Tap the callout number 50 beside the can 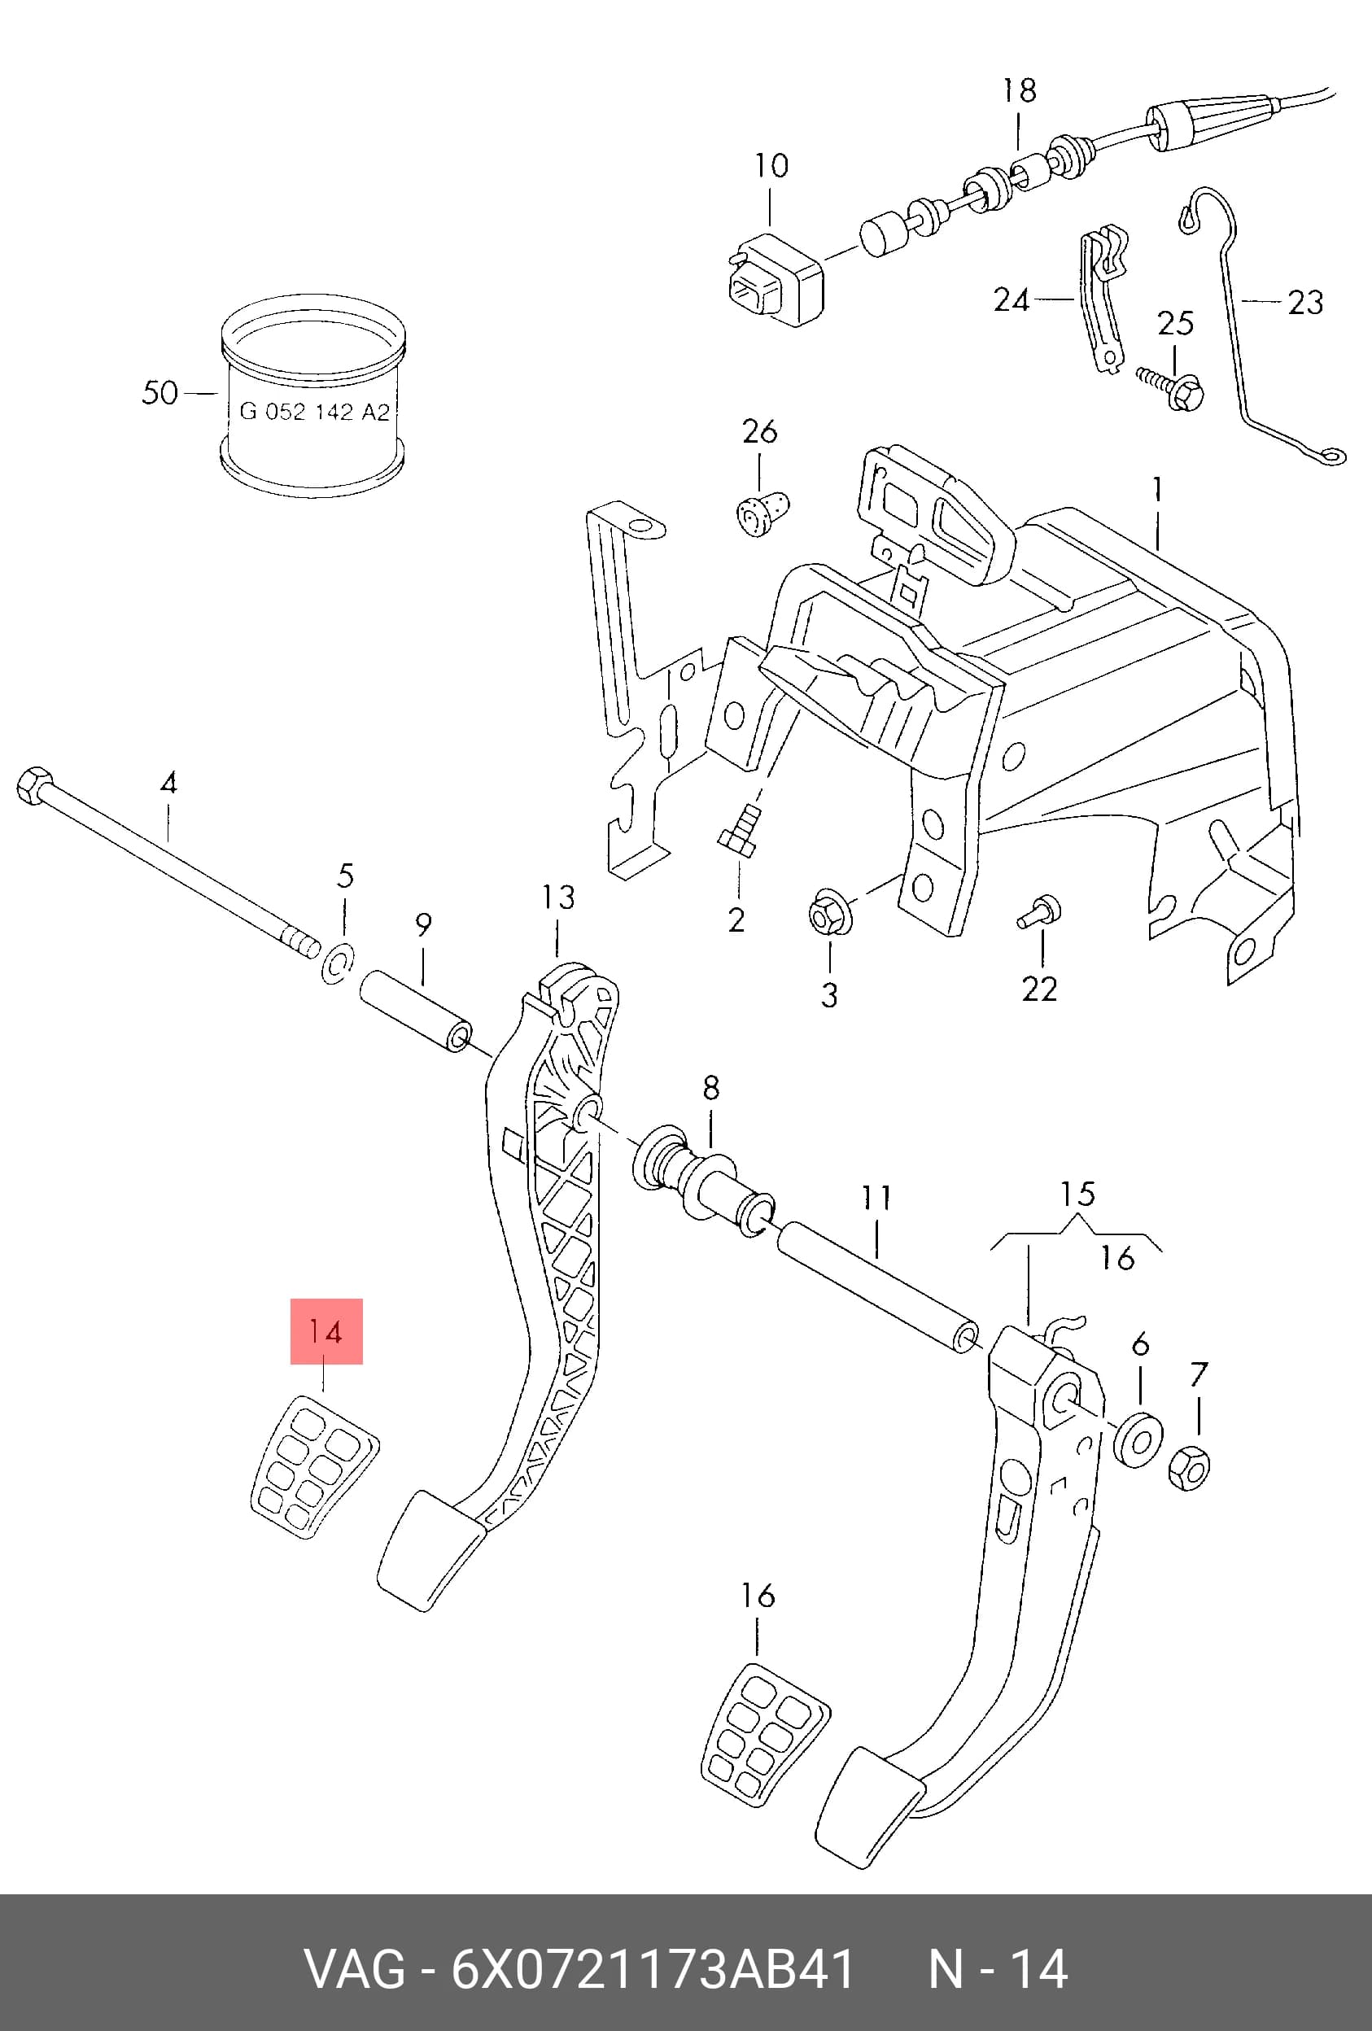pyautogui.click(x=160, y=392)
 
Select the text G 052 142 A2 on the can pyautogui.click(x=315, y=412)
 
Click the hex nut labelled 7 pyautogui.click(x=1188, y=1468)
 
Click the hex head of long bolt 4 pyautogui.click(x=35, y=784)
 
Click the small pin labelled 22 pyautogui.click(x=1039, y=911)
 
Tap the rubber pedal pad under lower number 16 pyautogui.click(x=766, y=1732)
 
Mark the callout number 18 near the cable pyautogui.click(x=1019, y=90)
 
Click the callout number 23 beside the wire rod pyautogui.click(x=1305, y=303)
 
